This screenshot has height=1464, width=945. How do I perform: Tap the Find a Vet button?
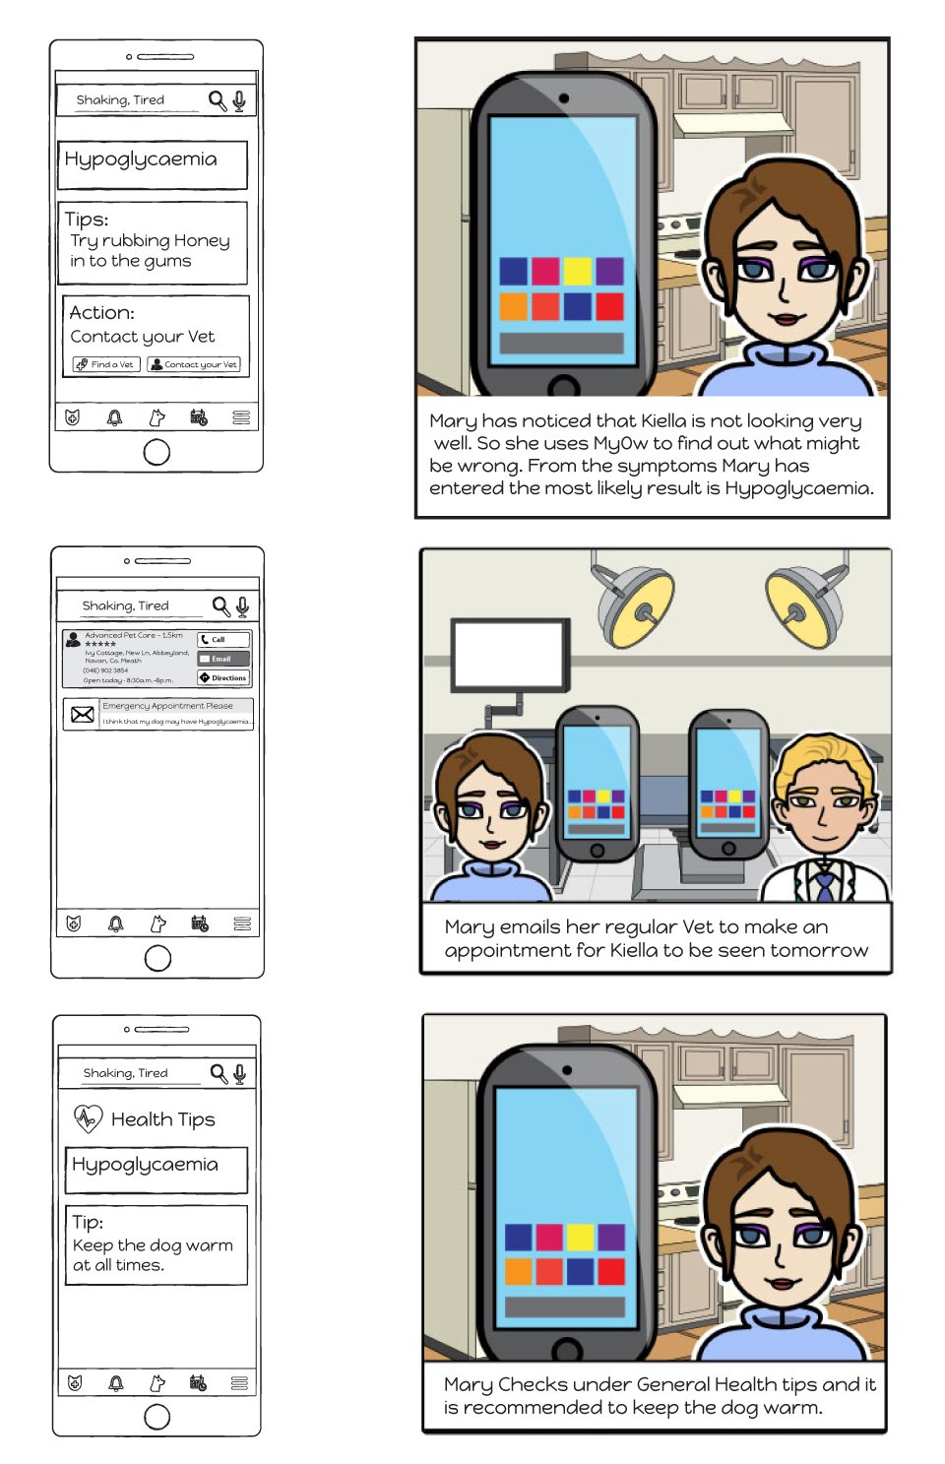(104, 364)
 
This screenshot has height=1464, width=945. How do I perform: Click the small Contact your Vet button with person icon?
(194, 364)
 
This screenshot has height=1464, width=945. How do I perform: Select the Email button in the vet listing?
(223, 659)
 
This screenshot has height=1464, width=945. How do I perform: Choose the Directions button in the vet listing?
(223, 677)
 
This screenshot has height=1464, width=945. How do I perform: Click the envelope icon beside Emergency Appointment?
(83, 714)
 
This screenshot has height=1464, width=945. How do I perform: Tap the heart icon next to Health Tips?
(88, 1117)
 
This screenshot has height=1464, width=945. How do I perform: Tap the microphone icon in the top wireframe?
(239, 99)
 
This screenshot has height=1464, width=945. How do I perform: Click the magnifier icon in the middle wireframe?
(220, 605)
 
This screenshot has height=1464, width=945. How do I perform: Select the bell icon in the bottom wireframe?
(116, 1383)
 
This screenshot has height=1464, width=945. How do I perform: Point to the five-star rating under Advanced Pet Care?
(100, 644)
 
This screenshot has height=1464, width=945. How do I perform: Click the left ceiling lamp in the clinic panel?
(636, 606)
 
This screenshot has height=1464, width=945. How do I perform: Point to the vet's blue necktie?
(823, 883)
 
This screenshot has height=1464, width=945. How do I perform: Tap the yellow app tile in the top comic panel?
(577, 270)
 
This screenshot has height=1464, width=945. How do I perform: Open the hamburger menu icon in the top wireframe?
(241, 417)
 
